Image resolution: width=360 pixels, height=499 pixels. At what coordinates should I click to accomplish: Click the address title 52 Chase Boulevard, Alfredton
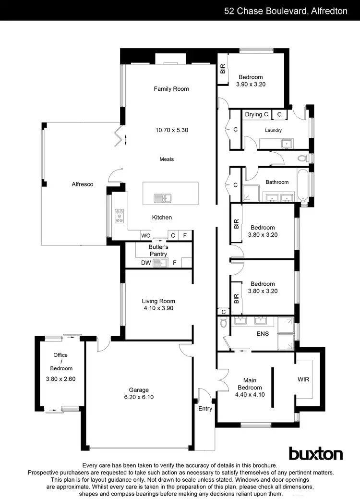click(286, 11)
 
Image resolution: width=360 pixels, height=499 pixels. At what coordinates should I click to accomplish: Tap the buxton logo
click(315, 454)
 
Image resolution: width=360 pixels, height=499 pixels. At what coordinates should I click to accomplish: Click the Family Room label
click(171, 89)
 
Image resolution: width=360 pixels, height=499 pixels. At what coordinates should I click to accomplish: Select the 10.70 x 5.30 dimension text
click(171, 130)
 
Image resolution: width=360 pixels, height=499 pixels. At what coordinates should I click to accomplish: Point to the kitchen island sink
click(162, 197)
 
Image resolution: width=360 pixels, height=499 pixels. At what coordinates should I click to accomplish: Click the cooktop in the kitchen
click(119, 216)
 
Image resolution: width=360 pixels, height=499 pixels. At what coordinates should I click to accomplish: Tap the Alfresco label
click(82, 184)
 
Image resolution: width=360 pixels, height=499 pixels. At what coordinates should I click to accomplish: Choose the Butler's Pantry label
click(158, 250)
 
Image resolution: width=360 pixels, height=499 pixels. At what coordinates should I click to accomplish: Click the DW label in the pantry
click(146, 263)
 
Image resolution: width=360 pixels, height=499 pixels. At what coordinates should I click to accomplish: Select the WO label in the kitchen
click(145, 236)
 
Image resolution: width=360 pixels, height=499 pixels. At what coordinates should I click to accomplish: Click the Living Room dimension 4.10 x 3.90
click(158, 308)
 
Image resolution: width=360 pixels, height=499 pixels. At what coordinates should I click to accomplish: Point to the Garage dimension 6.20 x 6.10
click(139, 397)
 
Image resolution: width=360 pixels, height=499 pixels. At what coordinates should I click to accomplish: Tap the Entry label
click(205, 408)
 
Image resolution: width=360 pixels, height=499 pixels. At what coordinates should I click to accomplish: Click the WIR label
click(303, 379)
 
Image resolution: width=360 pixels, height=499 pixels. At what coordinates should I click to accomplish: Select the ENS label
click(263, 334)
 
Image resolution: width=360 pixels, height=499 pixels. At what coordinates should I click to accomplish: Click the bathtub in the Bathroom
click(303, 184)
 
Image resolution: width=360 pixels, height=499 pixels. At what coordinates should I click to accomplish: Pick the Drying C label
click(257, 114)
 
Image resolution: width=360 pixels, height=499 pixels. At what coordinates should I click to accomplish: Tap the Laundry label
click(273, 130)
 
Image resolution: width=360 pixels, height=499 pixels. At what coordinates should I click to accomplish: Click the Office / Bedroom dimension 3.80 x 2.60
click(60, 378)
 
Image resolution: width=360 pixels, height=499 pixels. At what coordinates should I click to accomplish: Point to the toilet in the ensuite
click(224, 323)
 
